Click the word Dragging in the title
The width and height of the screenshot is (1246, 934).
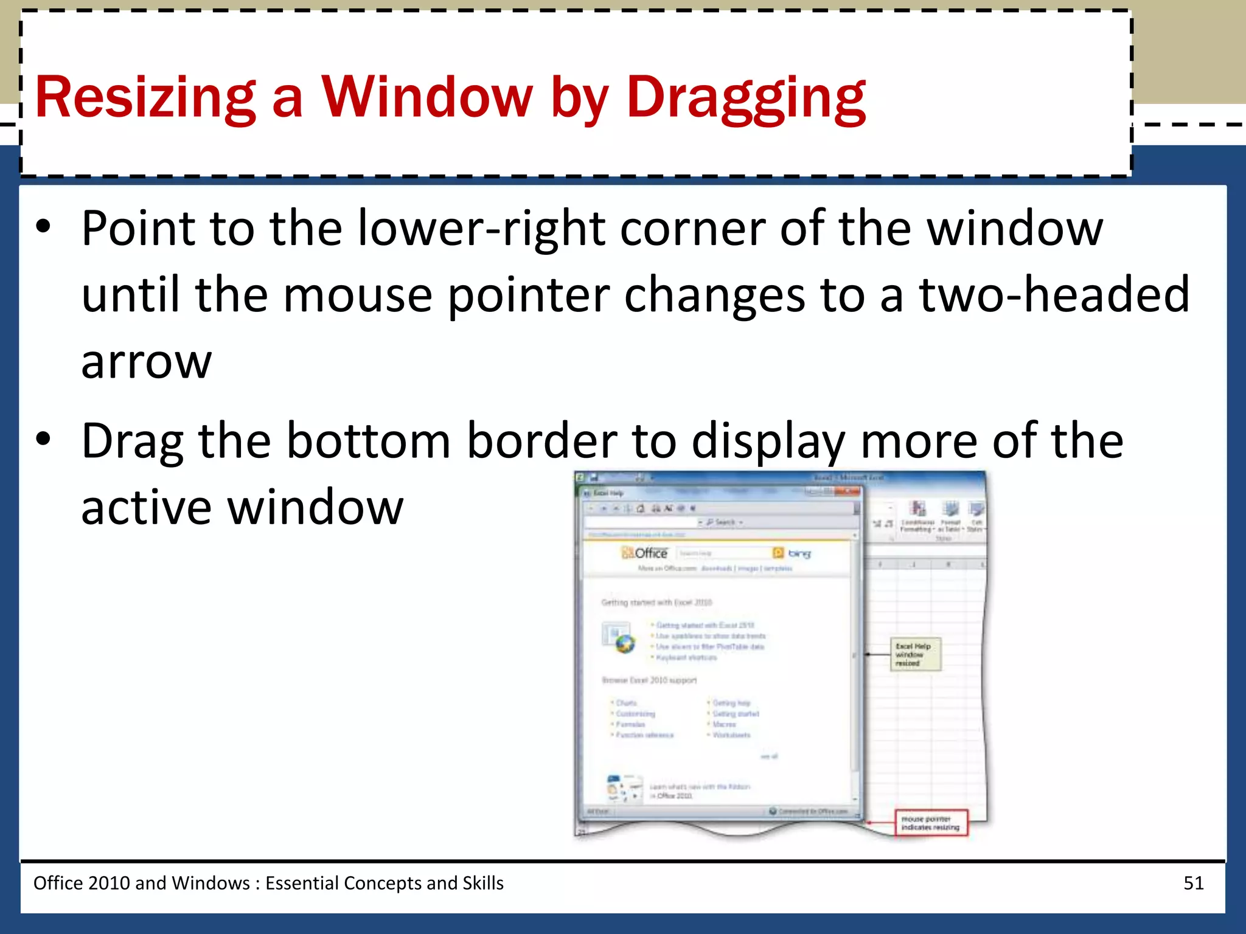pos(746,97)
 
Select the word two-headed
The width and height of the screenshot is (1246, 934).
pos(1054,295)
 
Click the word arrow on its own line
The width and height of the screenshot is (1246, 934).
pos(147,362)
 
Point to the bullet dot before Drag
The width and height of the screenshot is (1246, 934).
pos(43,439)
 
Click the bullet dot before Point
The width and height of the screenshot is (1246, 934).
pos(43,227)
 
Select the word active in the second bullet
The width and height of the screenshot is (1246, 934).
pos(147,508)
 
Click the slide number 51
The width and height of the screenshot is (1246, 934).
pos(1193,883)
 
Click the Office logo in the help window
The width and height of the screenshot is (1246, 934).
pos(645,553)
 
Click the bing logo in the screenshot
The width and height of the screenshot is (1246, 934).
pos(799,553)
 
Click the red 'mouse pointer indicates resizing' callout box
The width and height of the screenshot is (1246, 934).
pos(930,823)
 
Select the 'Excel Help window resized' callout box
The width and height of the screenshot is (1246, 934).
pos(916,654)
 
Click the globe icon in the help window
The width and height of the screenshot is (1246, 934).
pos(624,643)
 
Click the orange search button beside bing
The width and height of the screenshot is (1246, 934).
pos(778,553)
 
